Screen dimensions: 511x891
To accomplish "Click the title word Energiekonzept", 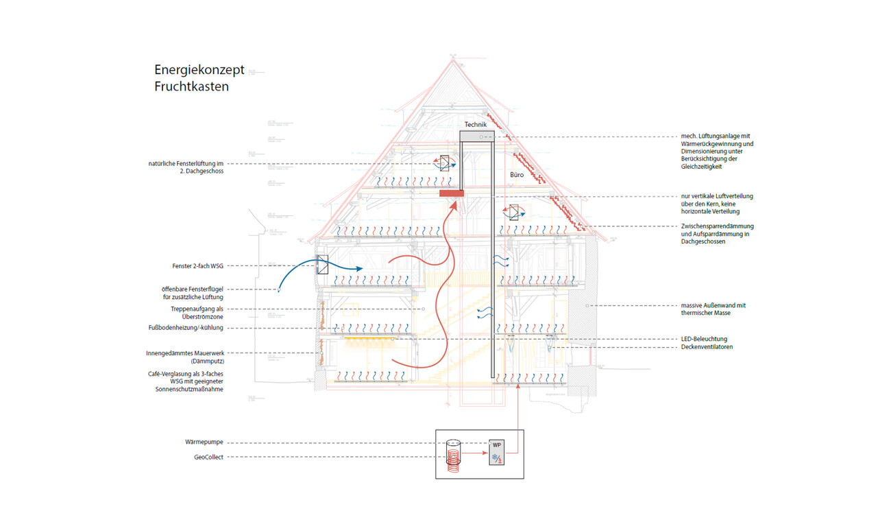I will pos(199,71).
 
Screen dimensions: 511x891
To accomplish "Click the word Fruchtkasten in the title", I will pos(191,87).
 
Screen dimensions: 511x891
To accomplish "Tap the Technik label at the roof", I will pos(475,125).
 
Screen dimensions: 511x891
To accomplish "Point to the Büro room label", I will pos(517,176).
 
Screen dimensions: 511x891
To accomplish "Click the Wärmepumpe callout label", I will pos(204,442).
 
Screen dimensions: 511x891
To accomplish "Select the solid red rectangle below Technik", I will pos(452,193).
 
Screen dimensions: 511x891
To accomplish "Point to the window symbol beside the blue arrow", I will pos(322,265).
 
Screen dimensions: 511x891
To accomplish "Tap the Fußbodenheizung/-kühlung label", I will pos(186,328).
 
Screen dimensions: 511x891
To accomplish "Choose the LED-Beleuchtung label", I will pos(704,339).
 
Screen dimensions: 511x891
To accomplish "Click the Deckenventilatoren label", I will pos(708,347).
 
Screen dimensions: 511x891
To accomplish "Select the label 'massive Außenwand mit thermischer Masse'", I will pos(713,309).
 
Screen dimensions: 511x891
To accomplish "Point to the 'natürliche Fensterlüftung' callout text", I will pos(186,167).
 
